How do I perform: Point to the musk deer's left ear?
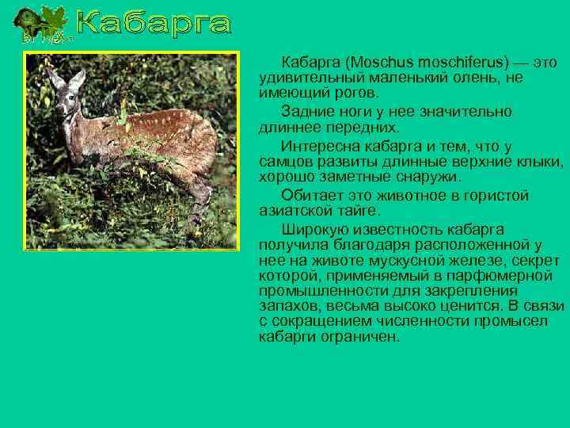54,77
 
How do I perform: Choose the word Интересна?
322,146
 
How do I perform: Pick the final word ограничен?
363,337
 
